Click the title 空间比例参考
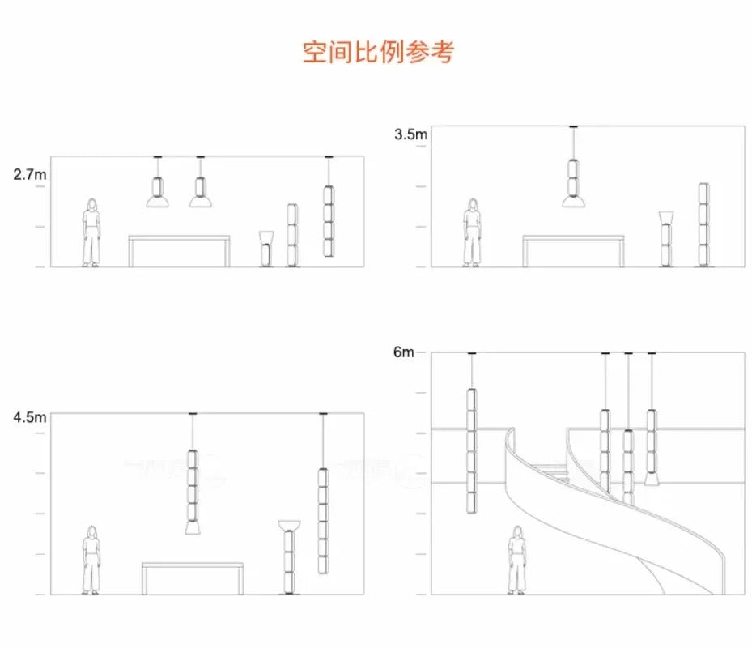coord(378,52)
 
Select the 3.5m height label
coord(410,134)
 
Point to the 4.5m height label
coord(29,418)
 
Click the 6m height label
coord(404,352)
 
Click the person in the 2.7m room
coord(91,232)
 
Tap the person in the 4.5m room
coord(91,560)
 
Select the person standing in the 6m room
coord(516,560)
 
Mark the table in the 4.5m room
coord(193,576)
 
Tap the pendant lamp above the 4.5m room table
coord(193,490)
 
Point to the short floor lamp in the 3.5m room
coord(666,239)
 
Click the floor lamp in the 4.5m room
coord(288,559)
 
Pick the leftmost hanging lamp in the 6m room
coord(470,450)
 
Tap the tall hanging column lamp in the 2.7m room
coord(328,220)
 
